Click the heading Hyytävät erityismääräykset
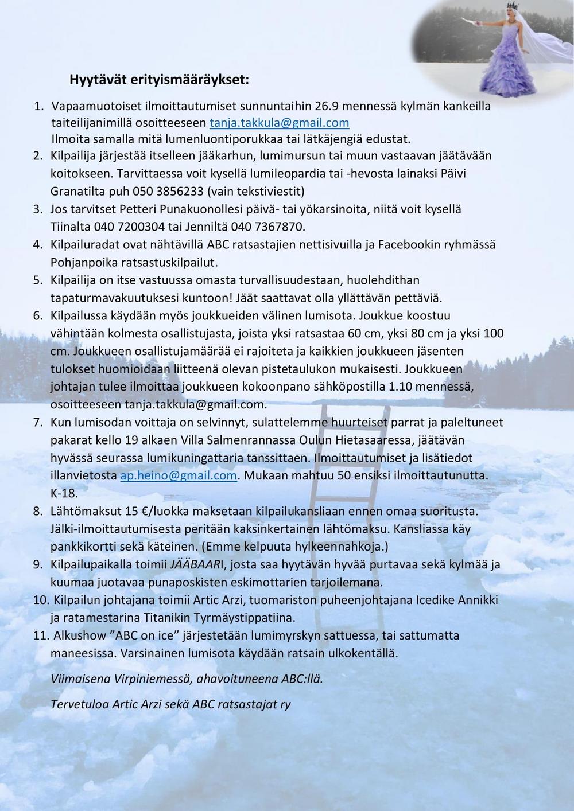pos(159,80)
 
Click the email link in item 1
pos(279,123)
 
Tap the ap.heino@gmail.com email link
pos(179,475)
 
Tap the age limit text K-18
pos(64,493)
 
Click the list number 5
pos(38,280)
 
